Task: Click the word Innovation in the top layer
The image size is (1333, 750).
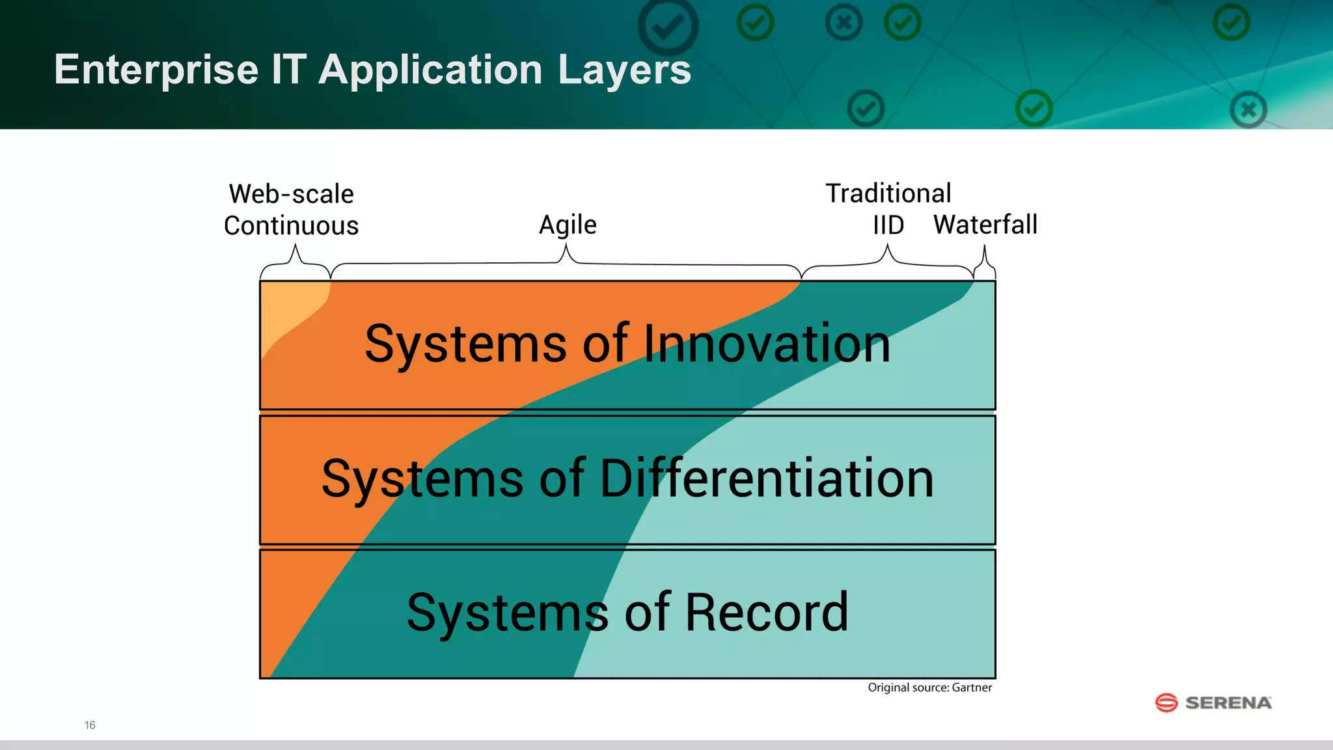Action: click(x=767, y=344)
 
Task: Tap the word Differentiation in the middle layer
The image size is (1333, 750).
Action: click(x=766, y=479)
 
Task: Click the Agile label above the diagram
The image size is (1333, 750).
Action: click(x=568, y=225)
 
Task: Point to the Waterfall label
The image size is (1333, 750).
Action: click(x=985, y=225)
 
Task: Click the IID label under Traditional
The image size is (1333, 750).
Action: click(x=888, y=225)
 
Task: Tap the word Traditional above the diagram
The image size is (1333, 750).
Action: click(x=888, y=193)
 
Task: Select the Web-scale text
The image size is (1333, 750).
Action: click(x=291, y=194)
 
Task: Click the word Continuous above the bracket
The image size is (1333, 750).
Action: click(x=291, y=226)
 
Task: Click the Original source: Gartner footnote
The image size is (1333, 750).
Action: click(x=929, y=687)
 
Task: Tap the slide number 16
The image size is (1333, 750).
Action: click(x=90, y=725)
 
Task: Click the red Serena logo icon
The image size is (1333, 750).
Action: click(x=1166, y=703)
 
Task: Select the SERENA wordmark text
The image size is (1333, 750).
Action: click(x=1228, y=703)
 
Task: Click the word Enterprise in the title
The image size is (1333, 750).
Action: click(x=156, y=70)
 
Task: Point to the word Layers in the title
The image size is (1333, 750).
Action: click(x=624, y=70)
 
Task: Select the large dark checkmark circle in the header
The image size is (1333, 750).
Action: click(x=668, y=27)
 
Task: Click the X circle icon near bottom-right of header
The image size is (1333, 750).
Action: click(x=1248, y=109)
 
